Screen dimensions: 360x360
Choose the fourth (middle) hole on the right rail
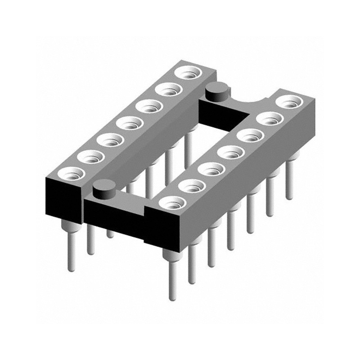pyautogui.click(x=229, y=152)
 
